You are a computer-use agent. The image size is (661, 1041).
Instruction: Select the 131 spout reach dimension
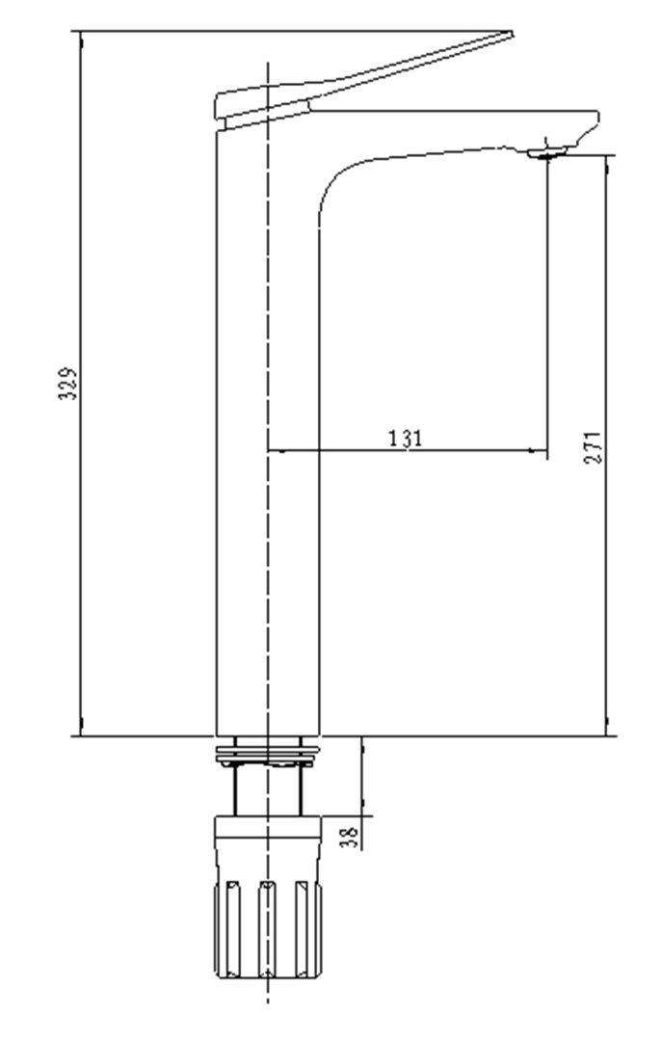[406, 438]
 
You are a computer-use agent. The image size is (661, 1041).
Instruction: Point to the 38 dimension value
[352, 831]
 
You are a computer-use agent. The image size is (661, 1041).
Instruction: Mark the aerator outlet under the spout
[548, 151]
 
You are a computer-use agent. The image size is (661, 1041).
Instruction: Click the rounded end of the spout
[592, 122]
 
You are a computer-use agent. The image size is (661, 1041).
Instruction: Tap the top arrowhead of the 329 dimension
[81, 39]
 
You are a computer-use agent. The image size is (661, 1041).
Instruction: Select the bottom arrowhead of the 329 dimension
[81, 730]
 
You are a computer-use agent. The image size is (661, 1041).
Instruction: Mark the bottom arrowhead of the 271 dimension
[607, 730]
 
